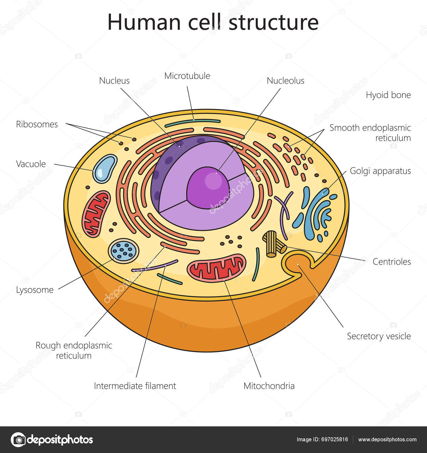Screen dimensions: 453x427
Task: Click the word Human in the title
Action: [144, 22]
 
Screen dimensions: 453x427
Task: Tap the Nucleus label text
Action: [114, 80]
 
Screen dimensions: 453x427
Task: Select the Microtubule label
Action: [187, 76]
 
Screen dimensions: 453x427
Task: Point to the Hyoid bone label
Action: [388, 95]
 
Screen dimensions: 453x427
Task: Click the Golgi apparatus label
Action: [380, 171]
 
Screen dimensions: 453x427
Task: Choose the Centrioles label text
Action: [392, 261]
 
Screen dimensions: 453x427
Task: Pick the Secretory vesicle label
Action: [378, 336]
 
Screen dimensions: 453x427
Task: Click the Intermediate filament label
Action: [135, 386]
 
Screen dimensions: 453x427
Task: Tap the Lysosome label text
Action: [35, 290]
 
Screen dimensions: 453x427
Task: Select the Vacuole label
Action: [31, 164]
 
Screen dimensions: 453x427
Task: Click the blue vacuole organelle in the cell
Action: [105, 169]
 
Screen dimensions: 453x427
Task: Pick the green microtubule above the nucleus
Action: [192, 123]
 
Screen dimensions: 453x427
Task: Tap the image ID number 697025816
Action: [335, 439]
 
